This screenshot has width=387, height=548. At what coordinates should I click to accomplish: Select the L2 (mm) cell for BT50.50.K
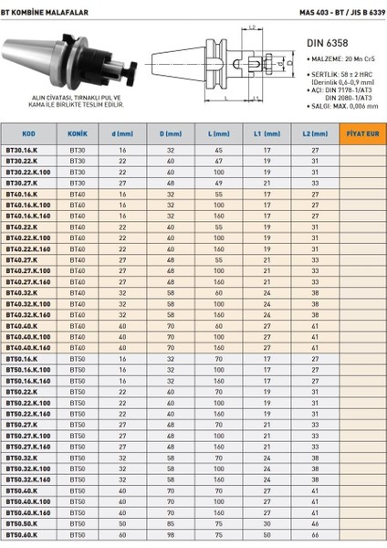(x=314, y=525)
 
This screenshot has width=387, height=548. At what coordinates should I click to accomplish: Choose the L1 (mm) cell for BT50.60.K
(x=267, y=536)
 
